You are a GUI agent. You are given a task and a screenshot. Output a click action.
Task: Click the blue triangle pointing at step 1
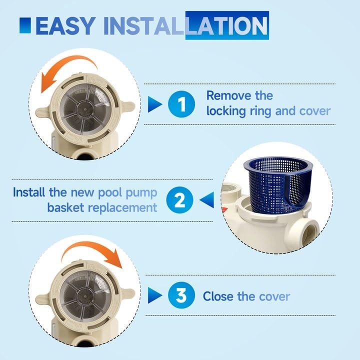155,104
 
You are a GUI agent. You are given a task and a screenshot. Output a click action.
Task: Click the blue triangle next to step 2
206,200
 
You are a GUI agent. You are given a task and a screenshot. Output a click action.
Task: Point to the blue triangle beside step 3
155,295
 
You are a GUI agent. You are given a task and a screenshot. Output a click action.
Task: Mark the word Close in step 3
218,296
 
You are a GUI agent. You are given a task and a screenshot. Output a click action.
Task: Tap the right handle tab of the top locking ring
127,106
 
